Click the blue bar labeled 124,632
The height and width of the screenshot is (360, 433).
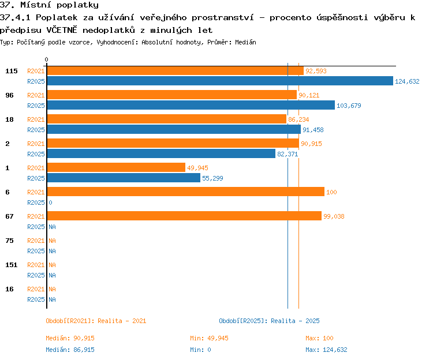[220, 81]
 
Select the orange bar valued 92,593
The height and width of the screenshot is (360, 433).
[176, 70]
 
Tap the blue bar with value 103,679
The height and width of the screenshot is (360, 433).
[191, 105]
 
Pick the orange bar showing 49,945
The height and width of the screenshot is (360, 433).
[116, 167]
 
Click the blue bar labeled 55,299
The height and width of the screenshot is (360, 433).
[124, 178]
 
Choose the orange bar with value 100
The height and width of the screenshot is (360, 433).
[186, 192]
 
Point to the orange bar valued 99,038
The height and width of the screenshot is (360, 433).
[185, 216]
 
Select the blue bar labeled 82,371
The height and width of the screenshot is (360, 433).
[161, 153]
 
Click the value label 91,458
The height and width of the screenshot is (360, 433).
[313, 130]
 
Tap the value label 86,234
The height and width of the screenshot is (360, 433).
[298, 119]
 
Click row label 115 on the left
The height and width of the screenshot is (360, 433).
[12, 71]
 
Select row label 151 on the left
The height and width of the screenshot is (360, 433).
[12, 265]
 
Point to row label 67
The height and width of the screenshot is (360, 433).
[9, 216]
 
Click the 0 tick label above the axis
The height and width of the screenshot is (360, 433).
[46, 59]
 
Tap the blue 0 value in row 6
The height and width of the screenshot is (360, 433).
[50, 202]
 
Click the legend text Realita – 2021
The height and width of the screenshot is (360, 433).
[122, 321]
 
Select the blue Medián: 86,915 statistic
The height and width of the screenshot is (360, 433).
[70, 350]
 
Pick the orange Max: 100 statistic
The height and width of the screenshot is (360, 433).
[319, 338]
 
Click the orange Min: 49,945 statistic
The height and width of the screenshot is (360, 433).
[210, 338]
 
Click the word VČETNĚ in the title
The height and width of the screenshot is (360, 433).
[62, 30]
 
